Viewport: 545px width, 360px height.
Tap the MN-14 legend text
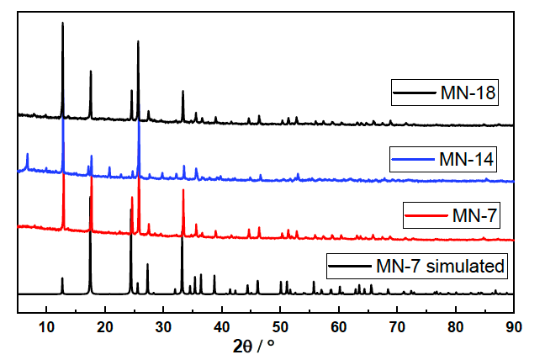coord(466,157)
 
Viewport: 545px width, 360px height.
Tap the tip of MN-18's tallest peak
coord(63,23)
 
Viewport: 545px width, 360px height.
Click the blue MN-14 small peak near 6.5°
coord(27,154)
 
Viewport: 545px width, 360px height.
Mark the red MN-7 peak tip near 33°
coord(183,190)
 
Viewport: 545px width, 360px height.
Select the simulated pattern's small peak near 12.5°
coord(62,278)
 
